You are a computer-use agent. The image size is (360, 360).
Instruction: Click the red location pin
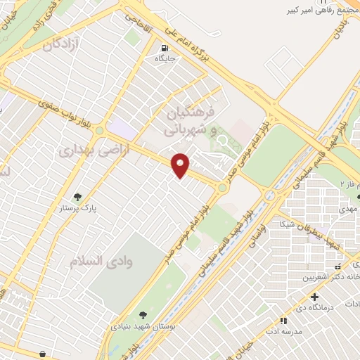(181, 165)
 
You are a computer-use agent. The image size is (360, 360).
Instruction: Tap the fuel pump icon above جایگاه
(165, 49)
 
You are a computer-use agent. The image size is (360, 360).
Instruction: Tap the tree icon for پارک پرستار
(77, 198)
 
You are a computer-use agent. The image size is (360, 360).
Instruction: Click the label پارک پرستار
(78, 209)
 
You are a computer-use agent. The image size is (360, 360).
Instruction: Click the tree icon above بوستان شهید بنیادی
(143, 315)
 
